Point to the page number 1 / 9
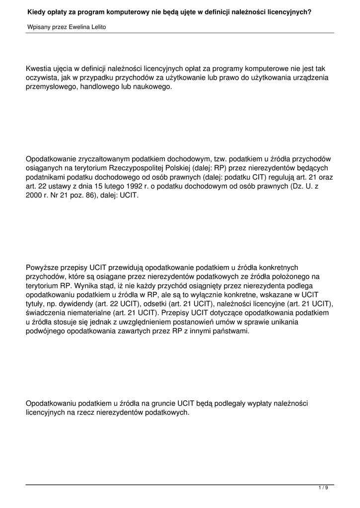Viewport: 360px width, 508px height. pos(323,488)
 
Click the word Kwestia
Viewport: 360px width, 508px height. pos(40,68)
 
